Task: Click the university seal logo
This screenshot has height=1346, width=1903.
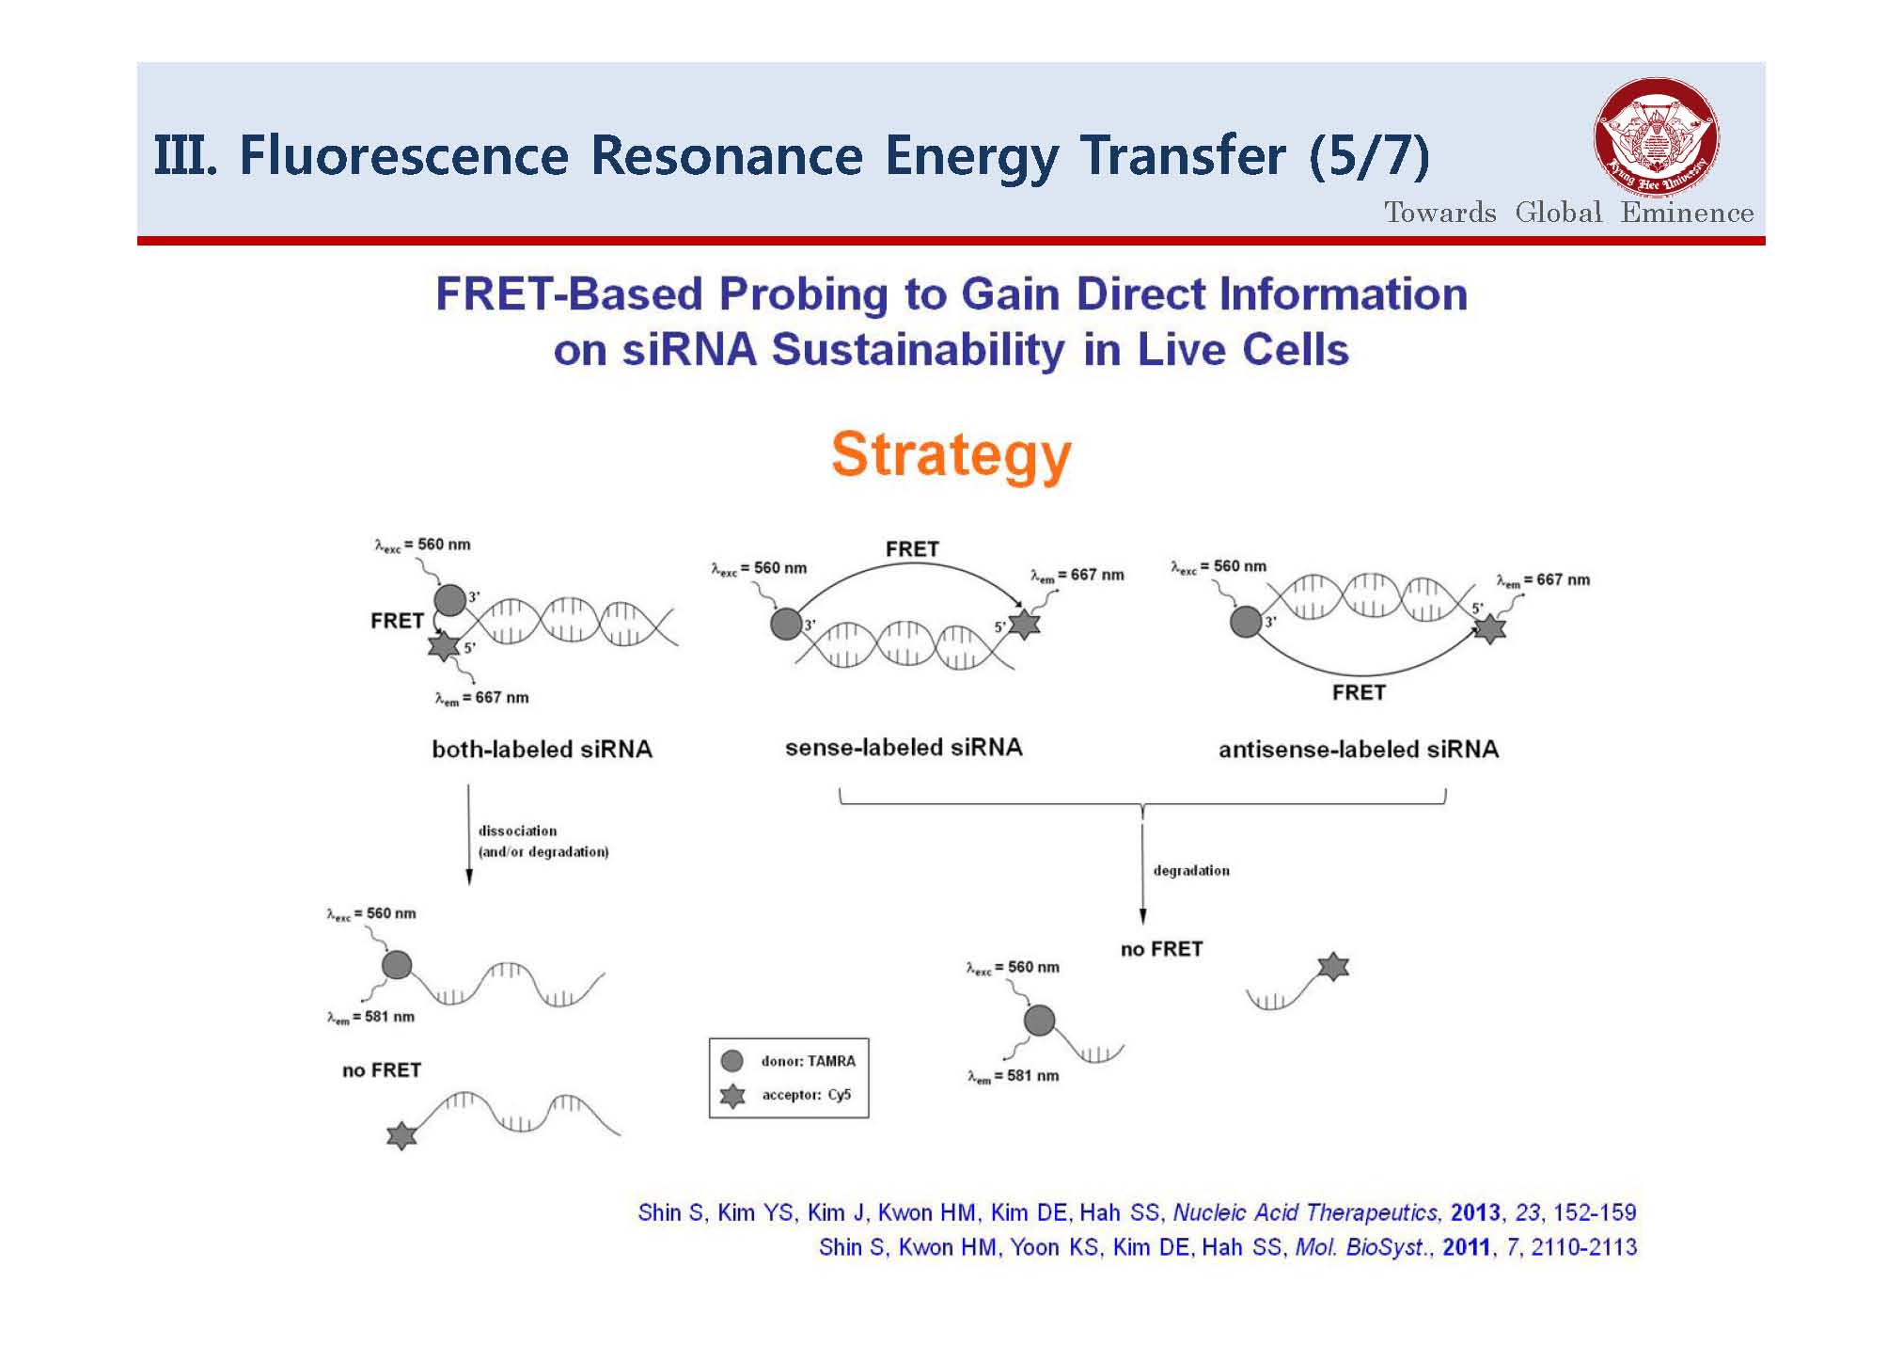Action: coord(1657,138)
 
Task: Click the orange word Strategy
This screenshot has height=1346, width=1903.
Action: coord(951,455)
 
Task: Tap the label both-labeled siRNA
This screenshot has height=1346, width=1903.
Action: coord(542,749)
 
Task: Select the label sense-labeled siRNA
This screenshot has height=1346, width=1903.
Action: coord(904,747)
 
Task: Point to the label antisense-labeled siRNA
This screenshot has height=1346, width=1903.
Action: coord(1359,749)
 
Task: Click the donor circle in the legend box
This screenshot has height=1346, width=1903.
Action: coord(731,1061)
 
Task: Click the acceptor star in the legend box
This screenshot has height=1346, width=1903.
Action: coord(732,1095)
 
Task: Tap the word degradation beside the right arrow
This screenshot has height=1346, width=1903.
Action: coord(1191,870)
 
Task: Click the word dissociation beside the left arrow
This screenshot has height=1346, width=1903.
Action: coord(517,831)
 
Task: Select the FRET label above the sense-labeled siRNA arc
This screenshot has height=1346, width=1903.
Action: coord(912,548)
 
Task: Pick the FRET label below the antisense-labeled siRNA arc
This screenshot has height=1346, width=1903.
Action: coord(1359,692)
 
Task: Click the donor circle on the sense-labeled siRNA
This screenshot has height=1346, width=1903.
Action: coord(786,623)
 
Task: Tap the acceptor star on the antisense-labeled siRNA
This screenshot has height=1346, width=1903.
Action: coord(1489,627)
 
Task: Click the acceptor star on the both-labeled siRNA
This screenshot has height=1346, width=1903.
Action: coord(444,645)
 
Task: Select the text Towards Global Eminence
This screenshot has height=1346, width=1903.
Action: coord(1568,213)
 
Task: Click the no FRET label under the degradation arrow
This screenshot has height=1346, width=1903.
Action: coord(1161,949)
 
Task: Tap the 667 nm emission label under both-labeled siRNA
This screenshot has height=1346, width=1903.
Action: coord(481,698)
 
